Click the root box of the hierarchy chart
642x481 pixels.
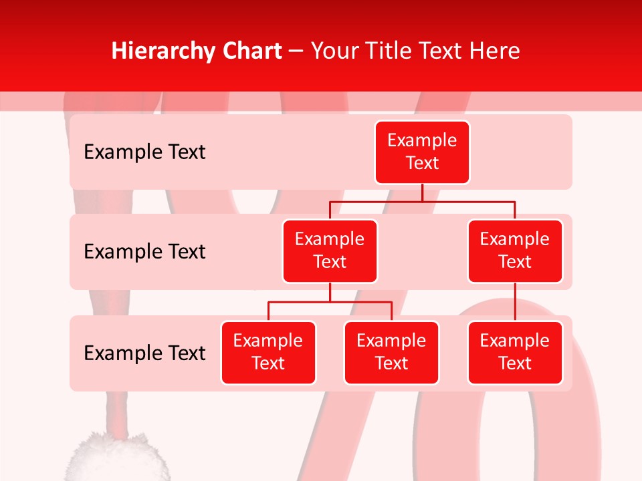point(422,152)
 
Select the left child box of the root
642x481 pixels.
point(330,251)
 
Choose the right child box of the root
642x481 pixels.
point(515,251)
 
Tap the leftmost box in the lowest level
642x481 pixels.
point(268,353)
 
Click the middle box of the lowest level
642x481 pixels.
point(391,353)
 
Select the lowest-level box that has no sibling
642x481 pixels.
point(515,353)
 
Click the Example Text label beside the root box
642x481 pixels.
point(144,152)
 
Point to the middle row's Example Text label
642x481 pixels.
point(144,252)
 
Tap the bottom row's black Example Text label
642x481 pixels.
point(144,353)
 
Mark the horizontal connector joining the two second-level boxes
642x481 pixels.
point(422,201)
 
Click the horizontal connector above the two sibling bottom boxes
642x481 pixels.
point(330,302)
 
